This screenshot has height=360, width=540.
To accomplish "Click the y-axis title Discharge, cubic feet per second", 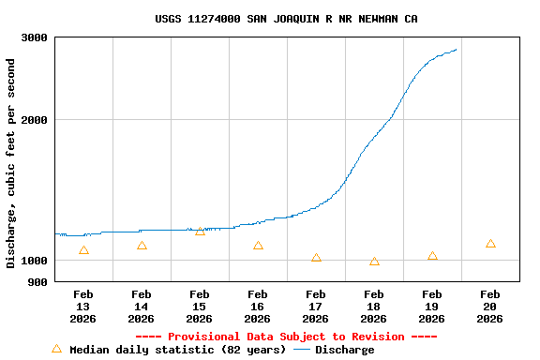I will coord(11,163).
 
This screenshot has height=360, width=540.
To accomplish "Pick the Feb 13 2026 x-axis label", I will coord(83,307).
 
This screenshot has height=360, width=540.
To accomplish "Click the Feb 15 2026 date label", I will coord(200,307).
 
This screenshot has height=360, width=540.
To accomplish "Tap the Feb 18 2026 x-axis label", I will coord(374,307).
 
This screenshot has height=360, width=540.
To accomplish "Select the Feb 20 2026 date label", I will coord(490,307).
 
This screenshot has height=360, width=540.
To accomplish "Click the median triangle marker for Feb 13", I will coord(83,250).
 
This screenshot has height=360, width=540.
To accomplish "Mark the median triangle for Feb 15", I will coord(200,232).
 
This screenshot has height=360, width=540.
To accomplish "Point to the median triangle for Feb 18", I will coord(374,262).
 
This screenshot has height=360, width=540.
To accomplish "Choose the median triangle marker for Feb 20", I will coord(490,244).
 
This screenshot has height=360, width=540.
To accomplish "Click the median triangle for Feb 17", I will coord(316,258).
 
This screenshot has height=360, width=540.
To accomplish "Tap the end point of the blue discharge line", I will coord(457,50).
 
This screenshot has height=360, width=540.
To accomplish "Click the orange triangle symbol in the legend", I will coord(56,349).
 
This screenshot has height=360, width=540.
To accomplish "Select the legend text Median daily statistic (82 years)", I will coord(178,350).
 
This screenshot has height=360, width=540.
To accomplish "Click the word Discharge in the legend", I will coord(344,350).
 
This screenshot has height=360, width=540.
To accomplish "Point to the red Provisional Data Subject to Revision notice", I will coord(286,337).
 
